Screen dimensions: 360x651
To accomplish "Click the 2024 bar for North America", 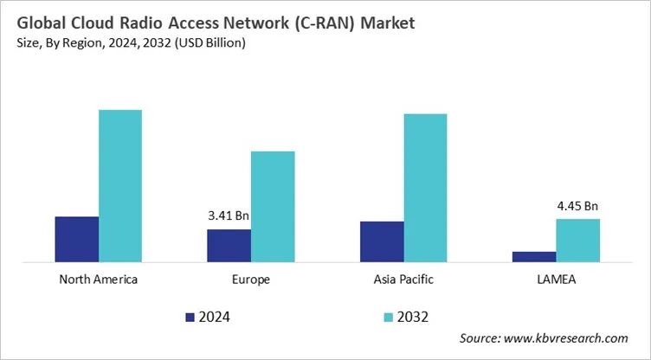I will click(x=76, y=238).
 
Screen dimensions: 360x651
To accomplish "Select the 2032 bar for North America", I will click(x=120, y=185).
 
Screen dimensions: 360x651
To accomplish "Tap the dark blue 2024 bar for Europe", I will click(x=229, y=245).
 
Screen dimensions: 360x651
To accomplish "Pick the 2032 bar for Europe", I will click(x=273, y=206).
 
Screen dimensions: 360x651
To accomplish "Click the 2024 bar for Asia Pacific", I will click(x=382, y=241).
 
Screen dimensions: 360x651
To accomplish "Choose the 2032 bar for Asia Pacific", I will click(x=425, y=187).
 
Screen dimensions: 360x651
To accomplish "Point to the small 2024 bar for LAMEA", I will click(x=534, y=256).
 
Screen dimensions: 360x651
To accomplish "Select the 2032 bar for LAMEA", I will click(x=577, y=240).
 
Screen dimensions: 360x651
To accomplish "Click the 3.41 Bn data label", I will click(x=229, y=215).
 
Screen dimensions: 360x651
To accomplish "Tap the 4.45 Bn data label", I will click(x=577, y=205).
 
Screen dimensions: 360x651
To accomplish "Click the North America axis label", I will click(x=99, y=280).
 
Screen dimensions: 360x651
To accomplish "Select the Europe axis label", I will click(x=251, y=280).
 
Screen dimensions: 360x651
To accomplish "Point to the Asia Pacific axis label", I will click(x=403, y=280).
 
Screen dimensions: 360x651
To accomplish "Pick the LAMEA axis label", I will click(x=556, y=280).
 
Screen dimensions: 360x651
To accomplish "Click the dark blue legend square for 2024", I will click(x=190, y=317).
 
